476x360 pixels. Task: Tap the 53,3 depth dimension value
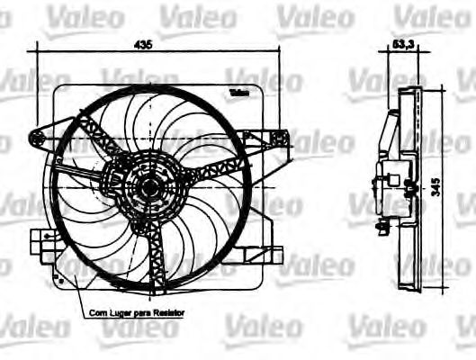(x=403, y=43)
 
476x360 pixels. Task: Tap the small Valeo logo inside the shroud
(x=238, y=93)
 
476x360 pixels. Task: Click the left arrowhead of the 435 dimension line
(x=31, y=51)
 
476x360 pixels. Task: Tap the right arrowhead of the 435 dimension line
(x=280, y=51)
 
